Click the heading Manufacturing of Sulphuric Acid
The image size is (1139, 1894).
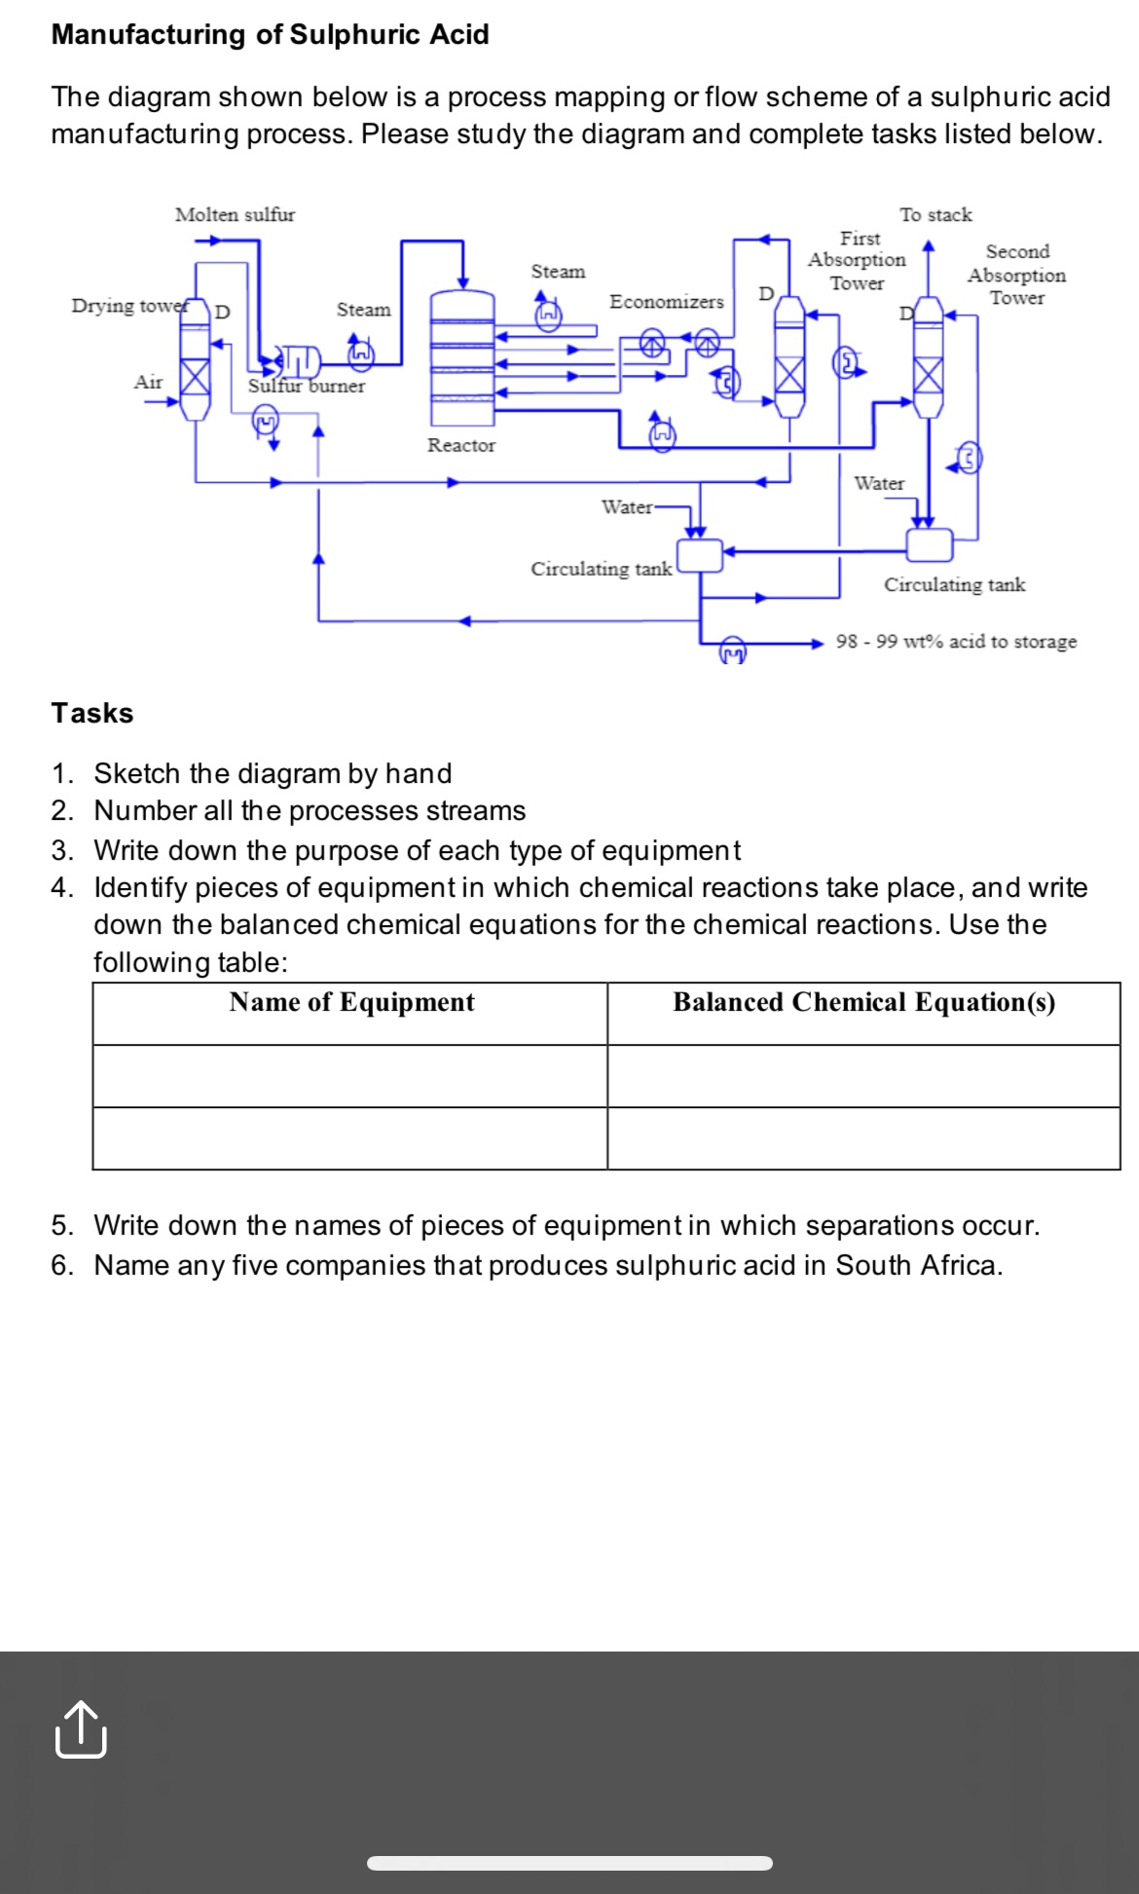(x=270, y=34)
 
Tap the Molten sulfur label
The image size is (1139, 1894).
(x=235, y=214)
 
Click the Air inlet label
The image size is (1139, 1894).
(x=148, y=382)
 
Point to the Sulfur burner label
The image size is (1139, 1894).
(x=306, y=386)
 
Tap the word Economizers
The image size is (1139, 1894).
(x=666, y=302)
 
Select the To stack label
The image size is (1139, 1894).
(x=936, y=214)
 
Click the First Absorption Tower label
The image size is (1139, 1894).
(x=857, y=261)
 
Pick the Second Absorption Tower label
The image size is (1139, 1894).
(x=1016, y=275)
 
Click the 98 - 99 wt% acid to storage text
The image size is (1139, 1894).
(x=956, y=642)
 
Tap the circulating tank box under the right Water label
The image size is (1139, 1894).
(x=930, y=544)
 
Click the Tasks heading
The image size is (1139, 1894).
(x=92, y=713)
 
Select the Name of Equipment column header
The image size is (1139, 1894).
(x=351, y=1003)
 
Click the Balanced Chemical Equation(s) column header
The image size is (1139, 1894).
(x=863, y=1003)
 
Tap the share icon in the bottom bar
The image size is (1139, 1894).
(x=81, y=1729)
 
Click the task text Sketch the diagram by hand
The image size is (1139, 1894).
(x=273, y=773)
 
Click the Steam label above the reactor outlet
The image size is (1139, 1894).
(x=558, y=272)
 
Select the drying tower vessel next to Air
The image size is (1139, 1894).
(x=196, y=360)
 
